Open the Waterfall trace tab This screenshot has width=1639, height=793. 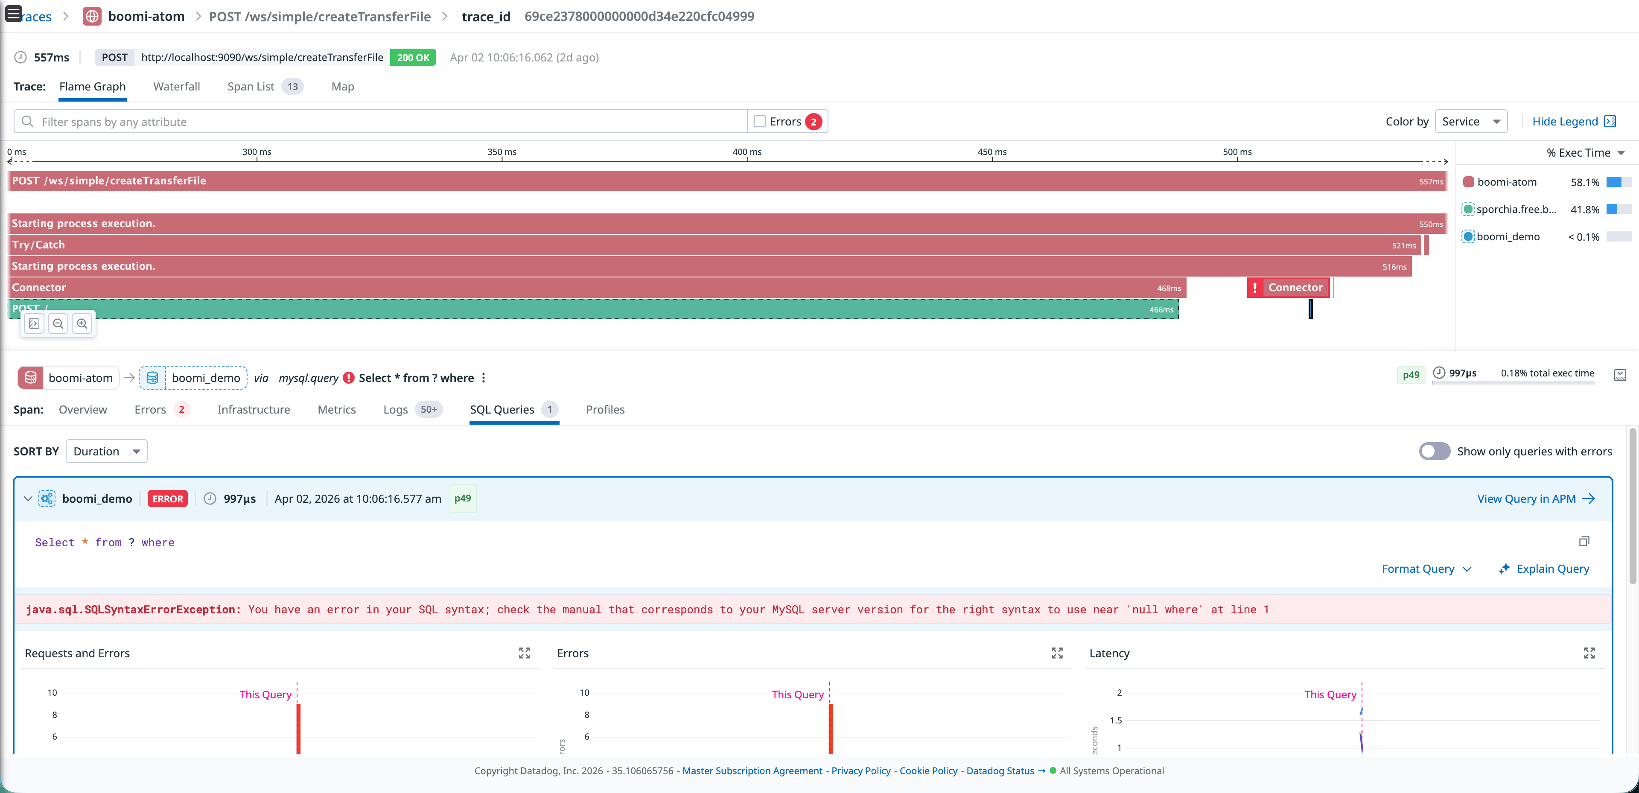tap(176, 87)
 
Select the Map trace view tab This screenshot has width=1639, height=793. tap(342, 87)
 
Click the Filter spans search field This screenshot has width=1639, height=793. tap(382, 122)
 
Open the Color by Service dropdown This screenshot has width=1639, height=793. tap(1470, 122)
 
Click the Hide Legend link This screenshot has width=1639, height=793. tap(1565, 122)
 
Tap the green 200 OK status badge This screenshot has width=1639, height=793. tap(413, 57)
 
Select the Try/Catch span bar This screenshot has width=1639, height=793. tap(700, 245)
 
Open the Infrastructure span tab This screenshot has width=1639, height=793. tap(253, 410)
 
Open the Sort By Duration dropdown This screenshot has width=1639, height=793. tap(106, 451)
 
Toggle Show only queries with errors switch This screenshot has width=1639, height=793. tap(1434, 451)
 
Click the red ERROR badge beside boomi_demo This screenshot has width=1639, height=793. tap(167, 499)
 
